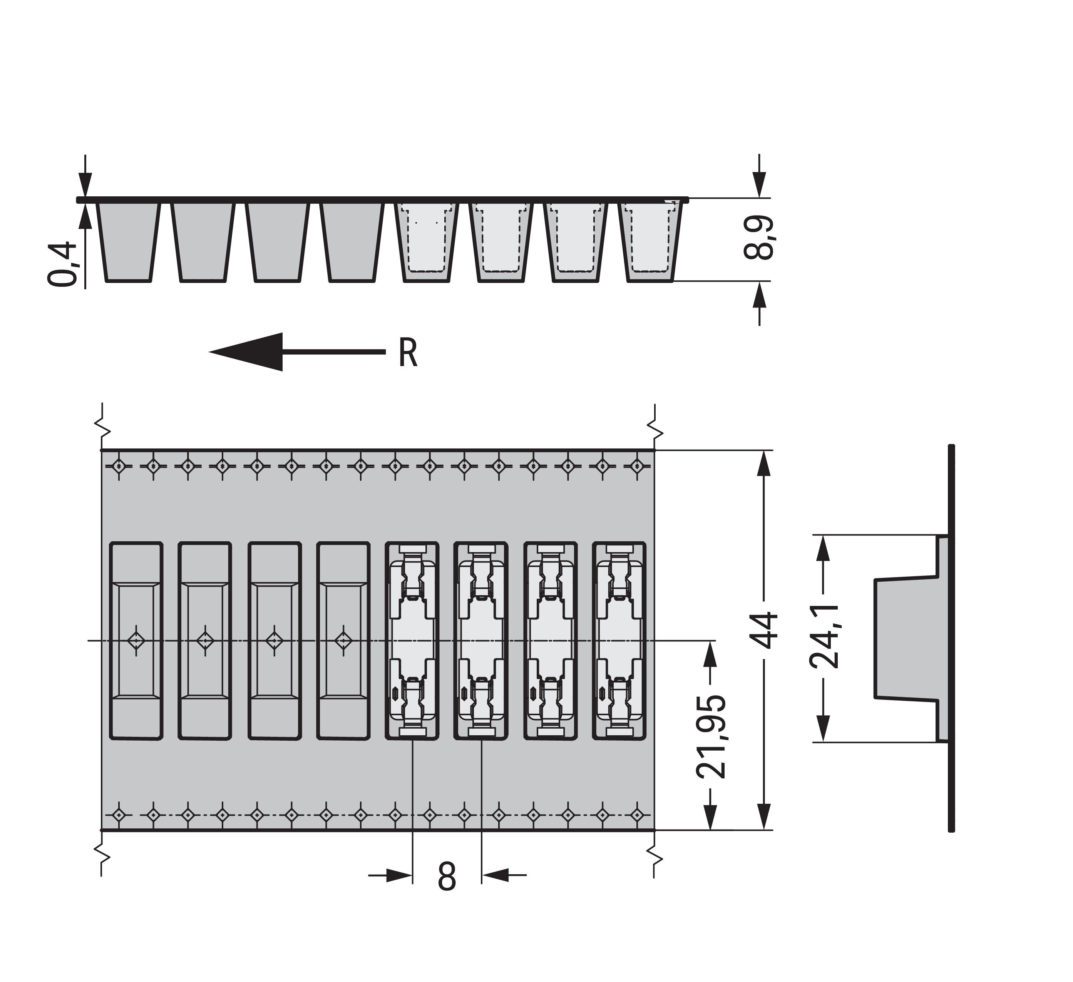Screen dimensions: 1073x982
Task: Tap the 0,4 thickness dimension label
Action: click(x=63, y=264)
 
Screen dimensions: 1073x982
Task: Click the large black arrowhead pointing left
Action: click(x=246, y=352)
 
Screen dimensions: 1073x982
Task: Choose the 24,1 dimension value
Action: click(x=824, y=636)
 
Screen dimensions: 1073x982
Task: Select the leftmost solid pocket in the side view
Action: click(x=129, y=242)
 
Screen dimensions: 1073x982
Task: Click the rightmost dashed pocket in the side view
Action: click(x=650, y=242)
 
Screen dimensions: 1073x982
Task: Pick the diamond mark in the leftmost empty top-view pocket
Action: click(x=136, y=640)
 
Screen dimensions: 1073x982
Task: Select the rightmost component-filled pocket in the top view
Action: click(x=619, y=641)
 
